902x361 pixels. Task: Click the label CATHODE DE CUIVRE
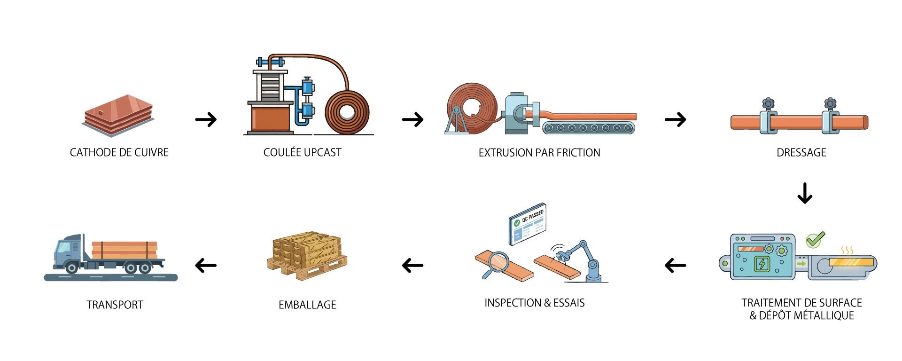tap(119, 153)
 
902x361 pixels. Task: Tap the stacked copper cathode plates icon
tap(118, 116)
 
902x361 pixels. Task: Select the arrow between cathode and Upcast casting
tap(206, 119)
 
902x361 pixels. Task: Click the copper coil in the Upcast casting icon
tap(347, 113)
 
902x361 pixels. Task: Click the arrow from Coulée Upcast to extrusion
tap(412, 119)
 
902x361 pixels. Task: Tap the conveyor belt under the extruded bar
tap(588, 128)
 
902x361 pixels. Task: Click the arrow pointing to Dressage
tap(675, 119)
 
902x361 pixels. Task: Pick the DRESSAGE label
tap(801, 153)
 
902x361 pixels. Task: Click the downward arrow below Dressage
tap(805, 193)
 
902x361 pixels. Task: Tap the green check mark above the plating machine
tap(815, 240)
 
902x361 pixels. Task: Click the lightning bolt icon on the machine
tap(762, 264)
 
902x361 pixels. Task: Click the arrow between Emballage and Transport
tap(206, 266)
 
